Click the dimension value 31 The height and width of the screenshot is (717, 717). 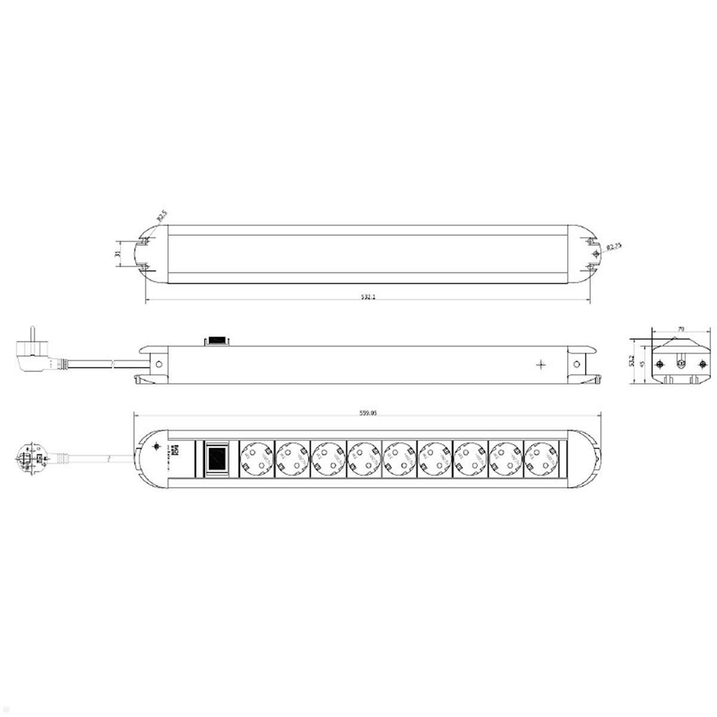[118, 253]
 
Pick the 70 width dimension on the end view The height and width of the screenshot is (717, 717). [681, 329]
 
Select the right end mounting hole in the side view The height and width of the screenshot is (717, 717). [577, 363]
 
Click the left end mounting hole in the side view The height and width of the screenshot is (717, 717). [159, 363]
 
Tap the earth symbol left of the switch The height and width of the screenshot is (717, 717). [157, 446]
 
